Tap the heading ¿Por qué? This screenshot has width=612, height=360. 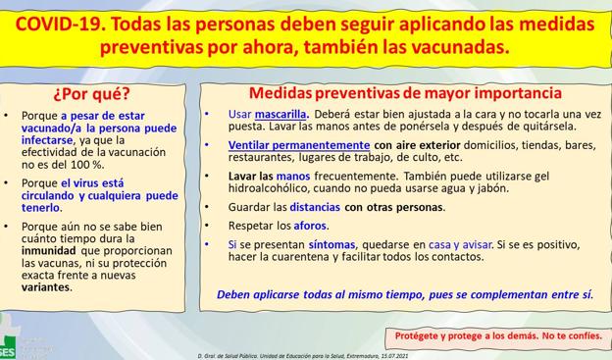(x=90, y=95)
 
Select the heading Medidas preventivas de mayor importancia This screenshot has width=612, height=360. (x=404, y=94)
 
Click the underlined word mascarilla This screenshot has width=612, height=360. (x=280, y=114)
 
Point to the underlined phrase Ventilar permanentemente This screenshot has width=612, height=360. (x=285, y=144)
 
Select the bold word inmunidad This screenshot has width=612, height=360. (x=53, y=250)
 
